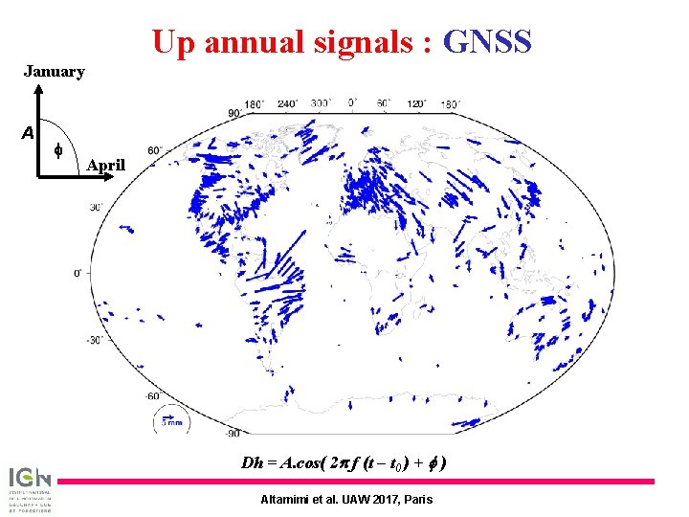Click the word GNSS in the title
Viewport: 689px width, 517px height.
click(x=488, y=41)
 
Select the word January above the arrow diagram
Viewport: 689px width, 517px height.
click(x=54, y=72)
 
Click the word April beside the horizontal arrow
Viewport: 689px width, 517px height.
click(x=105, y=165)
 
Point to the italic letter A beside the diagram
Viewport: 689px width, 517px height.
click(x=28, y=132)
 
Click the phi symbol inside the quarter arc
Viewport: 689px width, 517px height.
click(x=57, y=150)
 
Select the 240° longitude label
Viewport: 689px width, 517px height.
click(x=287, y=102)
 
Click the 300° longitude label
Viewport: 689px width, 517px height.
click(x=322, y=101)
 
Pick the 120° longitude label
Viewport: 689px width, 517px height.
click(x=417, y=102)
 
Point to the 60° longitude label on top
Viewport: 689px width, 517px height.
click(x=384, y=101)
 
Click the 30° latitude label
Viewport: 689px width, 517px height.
click(x=97, y=206)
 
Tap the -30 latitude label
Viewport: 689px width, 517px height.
click(x=94, y=340)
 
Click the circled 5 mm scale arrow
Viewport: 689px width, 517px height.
click(x=170, y=418)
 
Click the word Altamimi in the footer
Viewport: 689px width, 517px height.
click(x=287, y=499)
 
